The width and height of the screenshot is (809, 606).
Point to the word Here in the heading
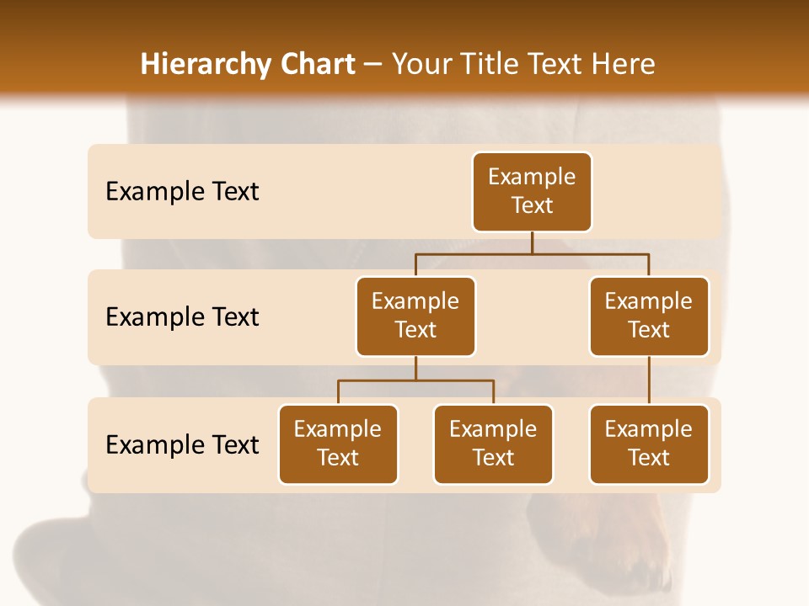click(623, 65)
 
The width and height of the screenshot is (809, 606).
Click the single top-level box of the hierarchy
click(532, 192)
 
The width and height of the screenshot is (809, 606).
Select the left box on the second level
click(415, 316)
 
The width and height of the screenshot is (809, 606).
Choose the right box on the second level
click(649, 316)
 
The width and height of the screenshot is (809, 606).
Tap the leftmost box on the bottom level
click(338, 444)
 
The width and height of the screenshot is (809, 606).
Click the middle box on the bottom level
click(493, 444)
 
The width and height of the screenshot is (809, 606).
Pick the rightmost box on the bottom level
click(649, 444)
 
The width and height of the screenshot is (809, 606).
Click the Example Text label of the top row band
click(182, 192)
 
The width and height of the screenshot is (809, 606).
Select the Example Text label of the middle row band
click(182, 317)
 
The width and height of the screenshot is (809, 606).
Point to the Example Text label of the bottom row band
click(182, 444)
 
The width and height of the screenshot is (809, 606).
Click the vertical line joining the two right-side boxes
click(649, 380)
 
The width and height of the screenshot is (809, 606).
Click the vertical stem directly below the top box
click(532, 242)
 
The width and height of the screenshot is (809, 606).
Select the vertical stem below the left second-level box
click(415, 368)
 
